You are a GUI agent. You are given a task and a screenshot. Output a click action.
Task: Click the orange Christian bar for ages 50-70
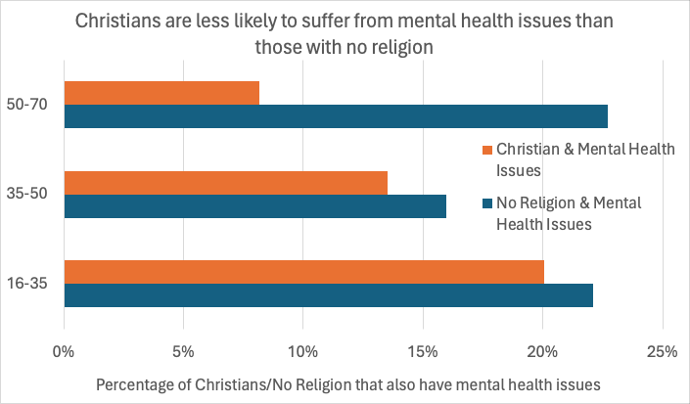pyautogui.click(x=161, y=93)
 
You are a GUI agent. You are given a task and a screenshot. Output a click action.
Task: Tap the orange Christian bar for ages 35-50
pyautogui.click(x=225, y=183)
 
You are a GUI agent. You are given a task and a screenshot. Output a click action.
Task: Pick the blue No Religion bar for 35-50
pyautogui.click(x=254, y=206)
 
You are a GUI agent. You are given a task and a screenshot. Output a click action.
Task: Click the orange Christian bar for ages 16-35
pyautogui.click(x=303, y=272)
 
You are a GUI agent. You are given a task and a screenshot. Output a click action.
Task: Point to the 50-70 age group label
pyautogui.click(x=32, y=105)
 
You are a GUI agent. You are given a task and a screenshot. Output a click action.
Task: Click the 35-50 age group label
pyautogui.click(x=32, y=195)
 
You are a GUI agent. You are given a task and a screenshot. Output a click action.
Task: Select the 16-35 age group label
pyautogui.click(x=32, y=285)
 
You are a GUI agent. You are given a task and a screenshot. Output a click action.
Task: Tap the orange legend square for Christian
pyautogui.click(x=486, y=150)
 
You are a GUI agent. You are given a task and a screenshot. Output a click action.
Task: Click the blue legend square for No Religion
pyautogui.click(x=486, y=203)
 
